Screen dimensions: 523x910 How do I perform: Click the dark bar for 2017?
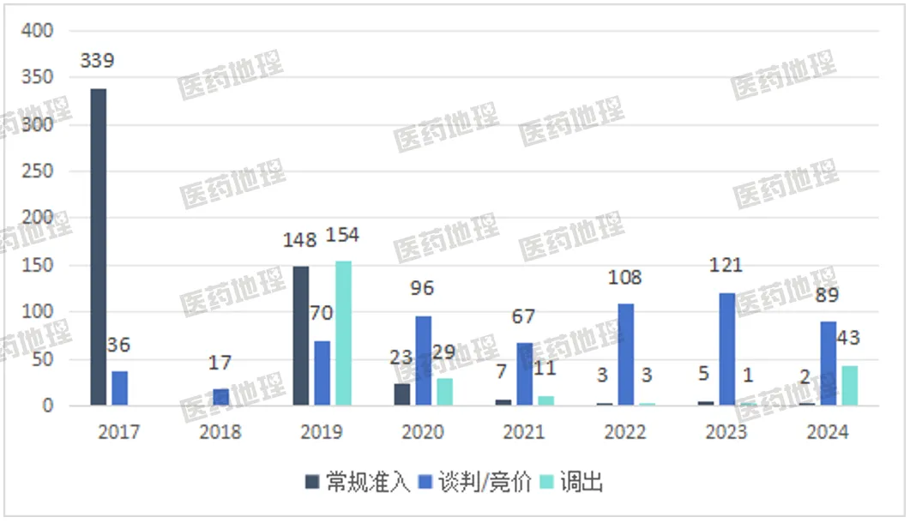pos(99,247)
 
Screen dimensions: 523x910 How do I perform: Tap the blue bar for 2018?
pos(220,397)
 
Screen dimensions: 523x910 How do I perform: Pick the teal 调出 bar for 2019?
pos(343,334)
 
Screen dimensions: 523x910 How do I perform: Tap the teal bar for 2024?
pos(849,386)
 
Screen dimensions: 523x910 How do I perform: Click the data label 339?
pos(97,61)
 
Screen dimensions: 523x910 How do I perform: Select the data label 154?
pos(341,235)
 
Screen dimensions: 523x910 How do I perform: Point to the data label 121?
pos(726,265)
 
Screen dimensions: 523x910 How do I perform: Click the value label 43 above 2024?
pos(848,338)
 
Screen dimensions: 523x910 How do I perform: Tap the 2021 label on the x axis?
pos(523,431)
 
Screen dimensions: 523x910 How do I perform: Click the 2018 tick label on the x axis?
pos(220,431)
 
